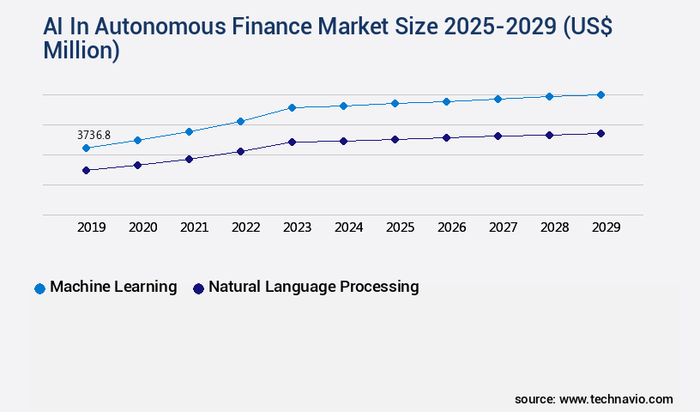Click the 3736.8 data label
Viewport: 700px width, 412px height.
click(94, 136)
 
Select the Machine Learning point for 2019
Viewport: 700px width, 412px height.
click(86, 148)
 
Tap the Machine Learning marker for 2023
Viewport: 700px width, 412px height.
click(292, 107)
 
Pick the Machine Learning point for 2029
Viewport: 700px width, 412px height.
click(600, 94)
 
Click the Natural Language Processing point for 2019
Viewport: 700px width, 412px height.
click(86, 170)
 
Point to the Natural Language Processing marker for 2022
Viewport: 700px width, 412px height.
click(240, 151)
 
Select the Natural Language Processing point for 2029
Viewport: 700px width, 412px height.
click(600, 133)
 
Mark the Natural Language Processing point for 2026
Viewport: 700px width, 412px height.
click(446, 137)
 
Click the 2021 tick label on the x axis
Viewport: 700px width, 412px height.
click(195, 227)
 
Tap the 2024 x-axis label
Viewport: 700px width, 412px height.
click(349, 227)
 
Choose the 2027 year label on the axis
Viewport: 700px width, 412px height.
click(504, 227)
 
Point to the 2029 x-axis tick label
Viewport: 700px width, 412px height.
click(606, 227)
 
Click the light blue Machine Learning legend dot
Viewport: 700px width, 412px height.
click(39, 288)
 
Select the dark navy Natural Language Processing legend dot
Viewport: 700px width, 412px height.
click(198, 288)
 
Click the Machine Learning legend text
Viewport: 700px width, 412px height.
click(113, 287)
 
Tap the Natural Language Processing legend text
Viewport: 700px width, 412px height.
click(313, 287)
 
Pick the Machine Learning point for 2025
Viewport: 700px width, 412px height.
click(395, 103)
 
